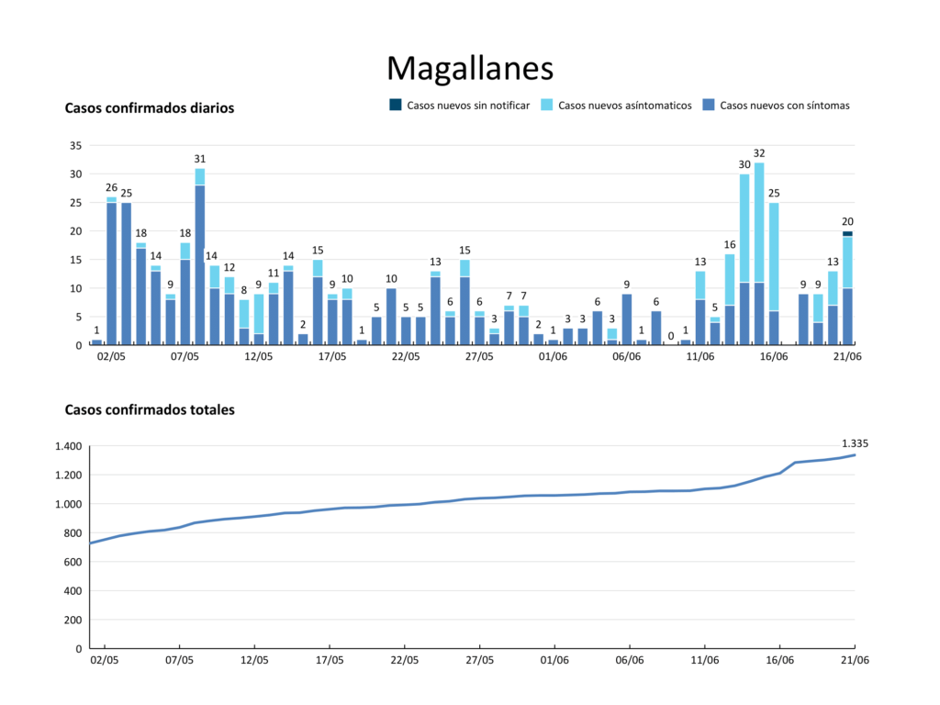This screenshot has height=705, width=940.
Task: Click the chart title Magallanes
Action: click(469, 68)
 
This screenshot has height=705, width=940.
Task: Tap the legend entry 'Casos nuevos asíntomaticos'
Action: click(624, 106)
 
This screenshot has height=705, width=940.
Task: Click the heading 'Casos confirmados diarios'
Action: click(149, 108)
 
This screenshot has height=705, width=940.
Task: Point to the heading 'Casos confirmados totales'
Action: click(149, 410)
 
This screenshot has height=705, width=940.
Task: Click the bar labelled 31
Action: click(200, 257)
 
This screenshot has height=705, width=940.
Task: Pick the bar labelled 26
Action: click(111, 271)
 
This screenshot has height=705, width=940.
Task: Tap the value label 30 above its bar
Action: click(744, 164)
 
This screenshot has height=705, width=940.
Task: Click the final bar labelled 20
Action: click(847, 288)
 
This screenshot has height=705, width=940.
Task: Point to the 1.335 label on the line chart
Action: click(855, 443)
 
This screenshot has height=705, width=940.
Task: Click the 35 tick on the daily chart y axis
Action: click(75, 145)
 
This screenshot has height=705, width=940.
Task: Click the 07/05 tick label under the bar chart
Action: click(185, 356)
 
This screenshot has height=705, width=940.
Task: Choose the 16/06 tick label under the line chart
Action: click(779, 659)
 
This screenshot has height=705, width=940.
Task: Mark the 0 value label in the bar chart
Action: click(671, 336)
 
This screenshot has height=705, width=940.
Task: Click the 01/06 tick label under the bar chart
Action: click(553, 356)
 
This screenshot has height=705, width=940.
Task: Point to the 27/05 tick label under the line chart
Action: click(480, 659)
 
